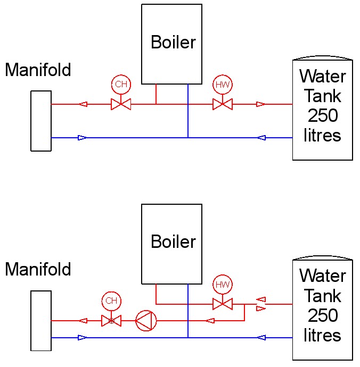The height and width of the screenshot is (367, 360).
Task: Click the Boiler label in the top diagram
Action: pos(173,42)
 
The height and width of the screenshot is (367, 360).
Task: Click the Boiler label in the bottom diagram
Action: pos(173,241)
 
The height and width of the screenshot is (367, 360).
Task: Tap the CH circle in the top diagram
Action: pos(121,84)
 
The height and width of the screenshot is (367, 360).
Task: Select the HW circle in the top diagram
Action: pos(223,84)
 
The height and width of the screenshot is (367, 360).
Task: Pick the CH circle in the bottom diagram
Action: pos(111,301)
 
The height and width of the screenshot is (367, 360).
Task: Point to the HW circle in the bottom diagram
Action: pos(223,284)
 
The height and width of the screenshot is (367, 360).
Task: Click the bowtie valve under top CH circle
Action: pos(121,104)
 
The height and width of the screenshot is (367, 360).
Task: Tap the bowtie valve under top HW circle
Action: pos(223,104)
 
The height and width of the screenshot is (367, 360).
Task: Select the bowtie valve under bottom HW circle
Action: pos(223,304)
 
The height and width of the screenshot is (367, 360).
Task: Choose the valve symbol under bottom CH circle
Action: pos(111,321)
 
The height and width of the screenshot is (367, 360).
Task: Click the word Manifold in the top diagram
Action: pos(38,70)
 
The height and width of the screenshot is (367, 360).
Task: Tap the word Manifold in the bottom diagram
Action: pos(38,269)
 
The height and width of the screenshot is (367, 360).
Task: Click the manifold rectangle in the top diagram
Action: pos(41,121)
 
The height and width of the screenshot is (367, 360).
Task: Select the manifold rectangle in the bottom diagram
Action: pos(41,321)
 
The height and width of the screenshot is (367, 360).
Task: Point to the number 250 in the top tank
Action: pos(323,115)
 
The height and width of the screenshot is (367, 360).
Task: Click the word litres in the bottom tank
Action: pos(322,335)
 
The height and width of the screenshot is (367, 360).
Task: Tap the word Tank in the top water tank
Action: pos(323,96)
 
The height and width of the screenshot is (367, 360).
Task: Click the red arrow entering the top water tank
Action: pos(260,104)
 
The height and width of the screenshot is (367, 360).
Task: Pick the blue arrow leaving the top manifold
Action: pos(82,138)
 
